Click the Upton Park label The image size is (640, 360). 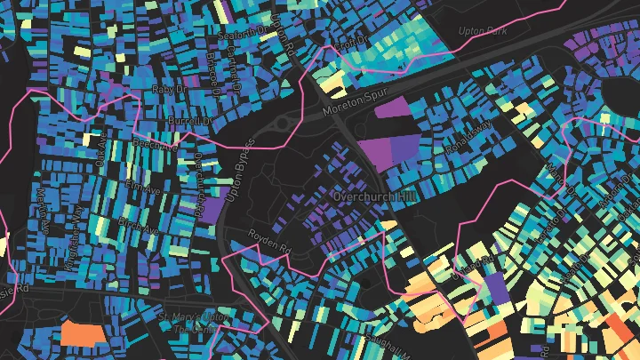tap(481, 30)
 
